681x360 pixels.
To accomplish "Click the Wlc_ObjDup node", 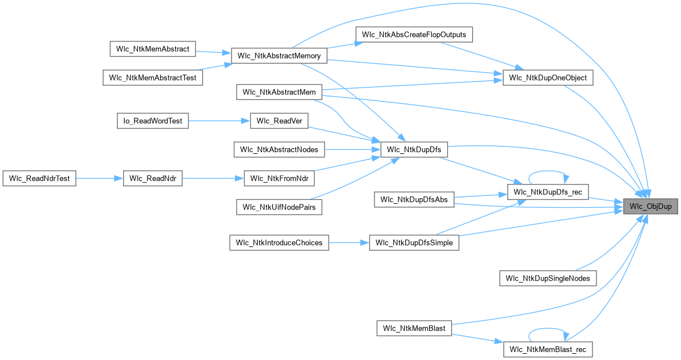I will point(650,207).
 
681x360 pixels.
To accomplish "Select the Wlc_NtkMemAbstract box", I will point(152,48).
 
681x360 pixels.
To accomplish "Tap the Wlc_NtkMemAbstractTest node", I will point(153,78).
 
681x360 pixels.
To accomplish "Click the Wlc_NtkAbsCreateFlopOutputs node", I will point(414,34).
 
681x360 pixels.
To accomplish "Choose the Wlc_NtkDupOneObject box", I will point(548,78).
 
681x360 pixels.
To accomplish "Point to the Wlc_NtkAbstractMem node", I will point(279,92).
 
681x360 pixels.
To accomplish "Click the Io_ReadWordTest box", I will point(152,120).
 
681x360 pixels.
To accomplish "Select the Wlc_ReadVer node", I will point(279,121).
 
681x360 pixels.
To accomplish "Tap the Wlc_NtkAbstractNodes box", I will point(279,149).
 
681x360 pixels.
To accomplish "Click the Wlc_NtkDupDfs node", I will point(414,150).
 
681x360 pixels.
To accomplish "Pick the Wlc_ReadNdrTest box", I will point(39,178).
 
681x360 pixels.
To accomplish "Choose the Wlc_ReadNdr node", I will point(152,178).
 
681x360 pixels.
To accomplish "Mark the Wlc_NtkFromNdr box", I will point(279,178).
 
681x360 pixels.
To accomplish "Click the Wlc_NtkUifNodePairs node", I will point(279,207).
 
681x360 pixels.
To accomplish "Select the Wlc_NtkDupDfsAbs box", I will point(414,199).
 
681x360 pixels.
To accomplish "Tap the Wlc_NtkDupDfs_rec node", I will point(548,192).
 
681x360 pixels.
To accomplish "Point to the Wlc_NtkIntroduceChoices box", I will point(279,243).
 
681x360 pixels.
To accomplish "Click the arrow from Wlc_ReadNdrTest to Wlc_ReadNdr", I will point(99,178).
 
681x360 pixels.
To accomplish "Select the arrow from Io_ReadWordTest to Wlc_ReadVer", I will point(219,121).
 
